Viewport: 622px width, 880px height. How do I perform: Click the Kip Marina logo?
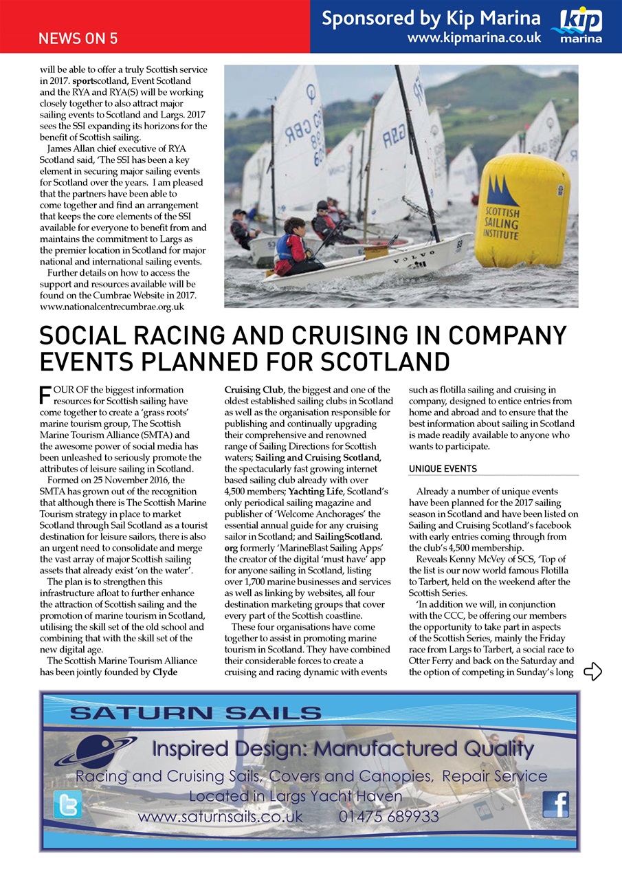[581, 26]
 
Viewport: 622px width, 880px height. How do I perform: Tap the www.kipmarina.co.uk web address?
[474, 38]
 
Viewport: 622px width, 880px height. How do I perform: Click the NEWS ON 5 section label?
[78, 38]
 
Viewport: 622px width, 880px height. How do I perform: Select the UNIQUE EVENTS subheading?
[443, 469]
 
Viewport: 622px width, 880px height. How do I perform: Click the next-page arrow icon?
[592, 672]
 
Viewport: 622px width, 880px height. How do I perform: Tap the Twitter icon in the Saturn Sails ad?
[67, 804]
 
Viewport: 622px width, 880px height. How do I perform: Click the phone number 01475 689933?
[388, 817]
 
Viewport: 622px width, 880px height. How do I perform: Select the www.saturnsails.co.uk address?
[220, 817]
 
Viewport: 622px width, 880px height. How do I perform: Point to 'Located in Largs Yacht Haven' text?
[296, 797]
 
